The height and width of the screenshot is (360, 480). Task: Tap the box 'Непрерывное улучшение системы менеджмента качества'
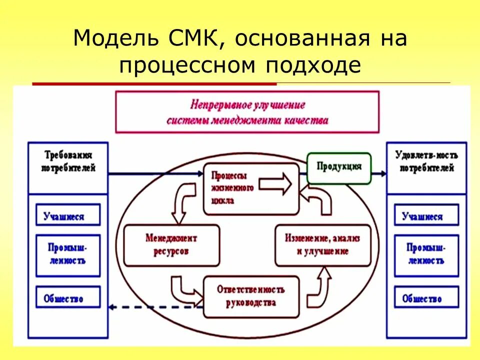(247, 112)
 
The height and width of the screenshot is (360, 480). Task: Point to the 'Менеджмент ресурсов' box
(171, 245)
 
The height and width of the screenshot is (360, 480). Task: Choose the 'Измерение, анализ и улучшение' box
(323, 245)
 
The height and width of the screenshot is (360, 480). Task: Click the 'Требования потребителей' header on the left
(68, 161)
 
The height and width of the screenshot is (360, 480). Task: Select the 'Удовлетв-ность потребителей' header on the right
(426, 161)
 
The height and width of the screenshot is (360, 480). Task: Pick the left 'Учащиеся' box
(68, 215)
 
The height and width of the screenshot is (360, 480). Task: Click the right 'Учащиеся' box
(426, 215)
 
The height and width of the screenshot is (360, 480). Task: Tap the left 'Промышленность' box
(68, 255)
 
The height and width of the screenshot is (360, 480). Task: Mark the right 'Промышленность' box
(426, 255)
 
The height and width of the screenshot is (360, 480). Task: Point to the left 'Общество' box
(68, 298)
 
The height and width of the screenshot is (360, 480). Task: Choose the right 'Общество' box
(426, 298)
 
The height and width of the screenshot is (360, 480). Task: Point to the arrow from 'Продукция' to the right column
(379, 173)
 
